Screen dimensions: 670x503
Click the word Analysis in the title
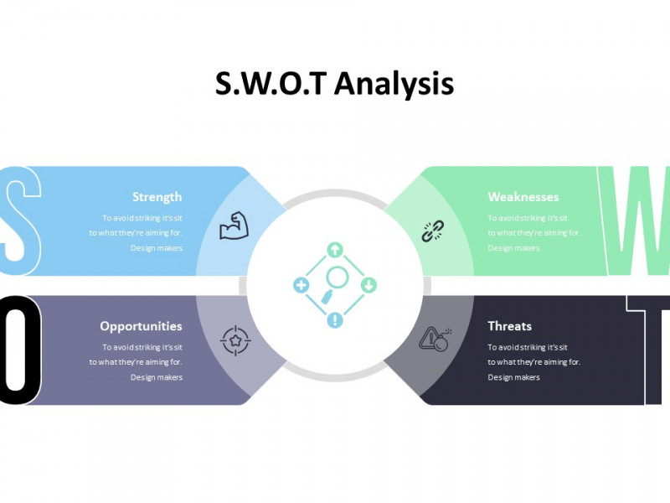coord(394,84)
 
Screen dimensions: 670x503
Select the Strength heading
coord(157,197)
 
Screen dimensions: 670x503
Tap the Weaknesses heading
coord(523,197)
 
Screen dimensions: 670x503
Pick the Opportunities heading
coord(141,326)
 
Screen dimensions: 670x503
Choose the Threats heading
coord(510,326)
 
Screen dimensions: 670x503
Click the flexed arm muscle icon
coord(234,226)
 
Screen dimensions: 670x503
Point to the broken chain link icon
coord(432,231)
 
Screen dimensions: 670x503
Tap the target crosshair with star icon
coord(235,340)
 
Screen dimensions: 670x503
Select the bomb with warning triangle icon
coord(435,340)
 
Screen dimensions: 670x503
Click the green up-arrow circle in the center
coord(335,250)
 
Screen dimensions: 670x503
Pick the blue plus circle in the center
coord(301,285)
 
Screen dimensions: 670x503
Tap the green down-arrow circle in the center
coord(368,285)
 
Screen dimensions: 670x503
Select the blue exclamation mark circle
coord(335,320)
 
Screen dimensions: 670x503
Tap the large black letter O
coord(18,350)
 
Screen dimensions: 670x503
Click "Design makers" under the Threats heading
coord(513,377)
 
